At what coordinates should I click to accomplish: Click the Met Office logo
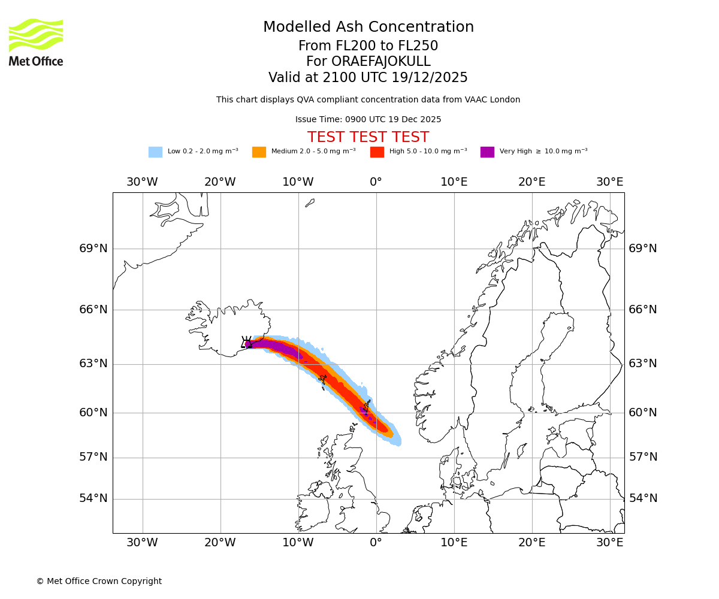[x=36, y=42]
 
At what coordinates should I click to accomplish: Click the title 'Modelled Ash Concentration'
[x=368, y=28]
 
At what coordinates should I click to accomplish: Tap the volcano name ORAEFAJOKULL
[x=368, y=62]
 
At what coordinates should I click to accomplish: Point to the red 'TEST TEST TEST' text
[x=368, y=137]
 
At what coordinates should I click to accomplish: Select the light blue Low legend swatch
[x=155, y=152]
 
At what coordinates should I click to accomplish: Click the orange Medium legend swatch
[x=259, y=152]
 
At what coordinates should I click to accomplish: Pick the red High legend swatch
[x=377, y=152]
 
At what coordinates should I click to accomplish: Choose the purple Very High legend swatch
[x=487, y=152]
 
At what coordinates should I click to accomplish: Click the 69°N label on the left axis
[x=93, y=249]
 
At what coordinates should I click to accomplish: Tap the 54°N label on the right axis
[x=643, y=498]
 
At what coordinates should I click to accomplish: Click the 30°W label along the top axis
[x=142, y=182]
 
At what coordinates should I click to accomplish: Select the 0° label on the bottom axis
[x=376, y=543]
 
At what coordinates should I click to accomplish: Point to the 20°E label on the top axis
[x=531, y=182]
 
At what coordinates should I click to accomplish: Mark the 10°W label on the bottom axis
[x=298, y=543]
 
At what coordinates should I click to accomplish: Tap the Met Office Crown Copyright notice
[x=99, y=581]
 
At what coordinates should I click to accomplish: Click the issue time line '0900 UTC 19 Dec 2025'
[x=368, y=120]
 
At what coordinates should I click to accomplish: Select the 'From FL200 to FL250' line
[x=368, y=46]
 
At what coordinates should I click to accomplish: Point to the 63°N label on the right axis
[x=643, y=364]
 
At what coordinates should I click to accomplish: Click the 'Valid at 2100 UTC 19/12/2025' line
[x=368, y=78]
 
